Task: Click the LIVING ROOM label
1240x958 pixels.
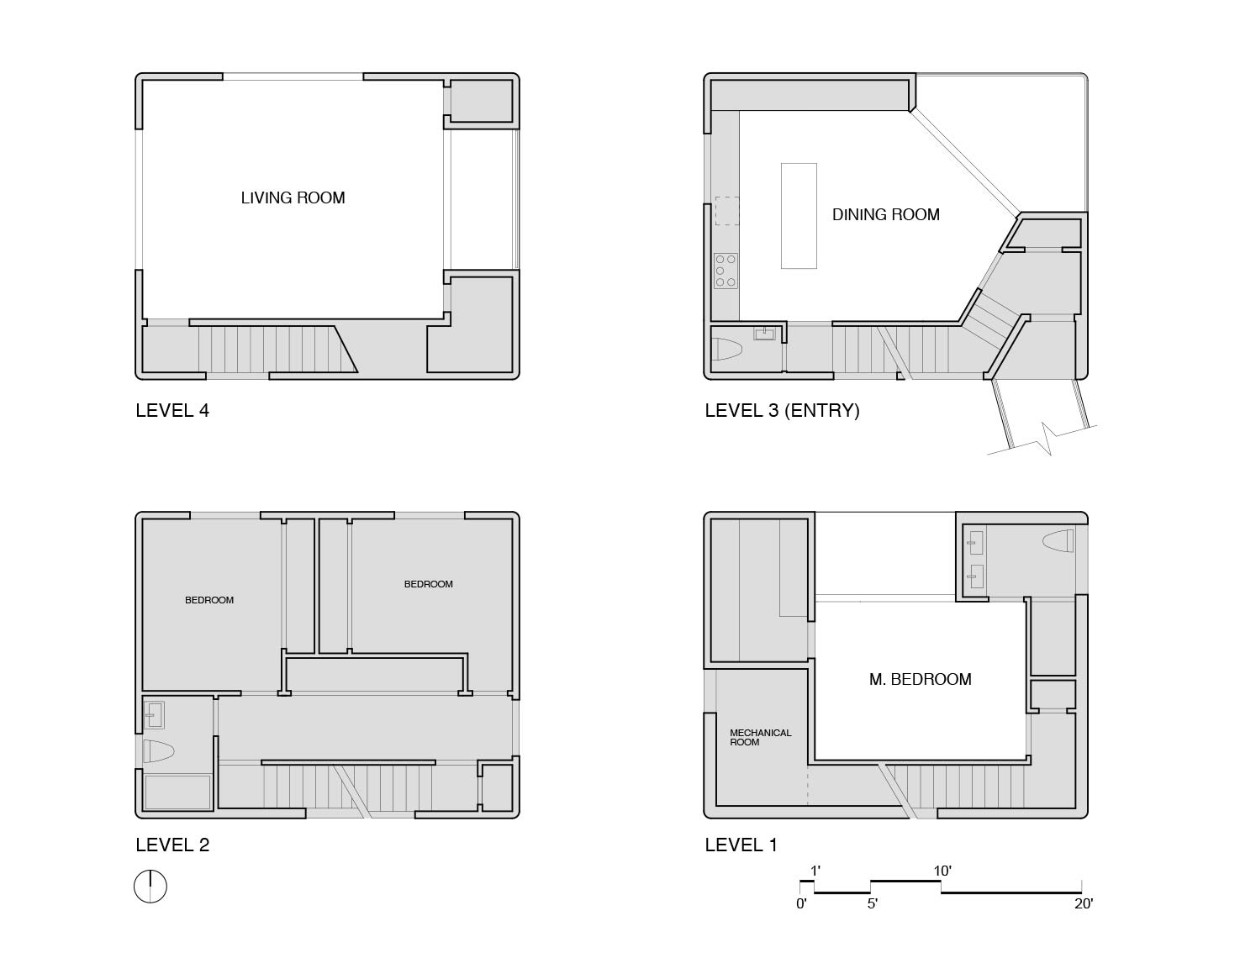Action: click(293, 198)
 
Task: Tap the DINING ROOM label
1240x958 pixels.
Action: click(885, 215)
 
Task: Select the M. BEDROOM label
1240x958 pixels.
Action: click(920, 680)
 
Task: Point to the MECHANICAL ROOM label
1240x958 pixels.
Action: click(760, 738)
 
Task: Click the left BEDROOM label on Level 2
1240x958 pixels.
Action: click(209, 600)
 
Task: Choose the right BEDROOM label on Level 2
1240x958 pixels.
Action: click(428, 584)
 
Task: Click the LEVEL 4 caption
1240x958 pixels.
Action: click(172, 411)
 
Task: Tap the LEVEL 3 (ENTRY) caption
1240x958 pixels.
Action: click(782, 411)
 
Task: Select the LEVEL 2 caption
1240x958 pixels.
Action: click(172, 845)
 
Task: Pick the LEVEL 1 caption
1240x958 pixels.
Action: click(741, 845)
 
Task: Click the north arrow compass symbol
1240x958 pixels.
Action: click(150, 887)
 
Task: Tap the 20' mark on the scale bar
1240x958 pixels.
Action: click(1083, 904)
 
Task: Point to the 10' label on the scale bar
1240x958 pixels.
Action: click(942, 871)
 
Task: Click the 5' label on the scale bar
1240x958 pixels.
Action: click(873, 904)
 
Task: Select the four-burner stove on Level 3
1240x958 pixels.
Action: click(726, 271)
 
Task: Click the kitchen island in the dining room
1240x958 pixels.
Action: click(799, 216)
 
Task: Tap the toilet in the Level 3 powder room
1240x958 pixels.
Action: click(726, 350)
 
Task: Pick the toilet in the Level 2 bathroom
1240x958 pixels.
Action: click(158, 750)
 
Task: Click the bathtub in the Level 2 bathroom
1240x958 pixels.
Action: click(177, 792)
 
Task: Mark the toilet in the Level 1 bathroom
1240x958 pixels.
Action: click(1058, 541)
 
